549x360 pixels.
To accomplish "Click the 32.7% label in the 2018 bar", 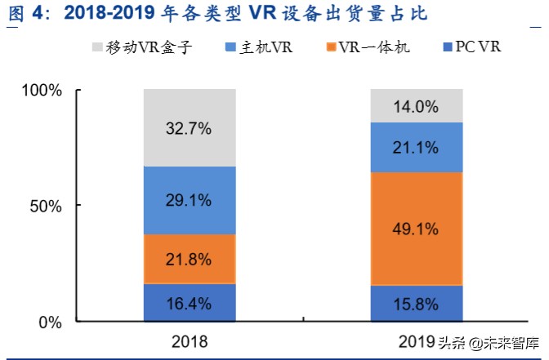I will click(x=190, y=128).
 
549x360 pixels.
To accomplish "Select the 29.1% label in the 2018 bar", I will click(x=190, y=200).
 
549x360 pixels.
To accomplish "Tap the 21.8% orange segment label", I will click(x=190, y=260).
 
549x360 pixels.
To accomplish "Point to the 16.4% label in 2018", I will click(x=190, y=304).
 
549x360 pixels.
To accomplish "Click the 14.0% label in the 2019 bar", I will click(x=416, y=106).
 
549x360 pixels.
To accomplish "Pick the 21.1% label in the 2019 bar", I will click(x=416, y=148).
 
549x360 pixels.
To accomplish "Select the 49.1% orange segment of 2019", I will click(x=416, y=229).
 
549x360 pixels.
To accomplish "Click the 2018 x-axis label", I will click(x=190, y=340).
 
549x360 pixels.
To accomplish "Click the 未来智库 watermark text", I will click(x=511, y=343).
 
